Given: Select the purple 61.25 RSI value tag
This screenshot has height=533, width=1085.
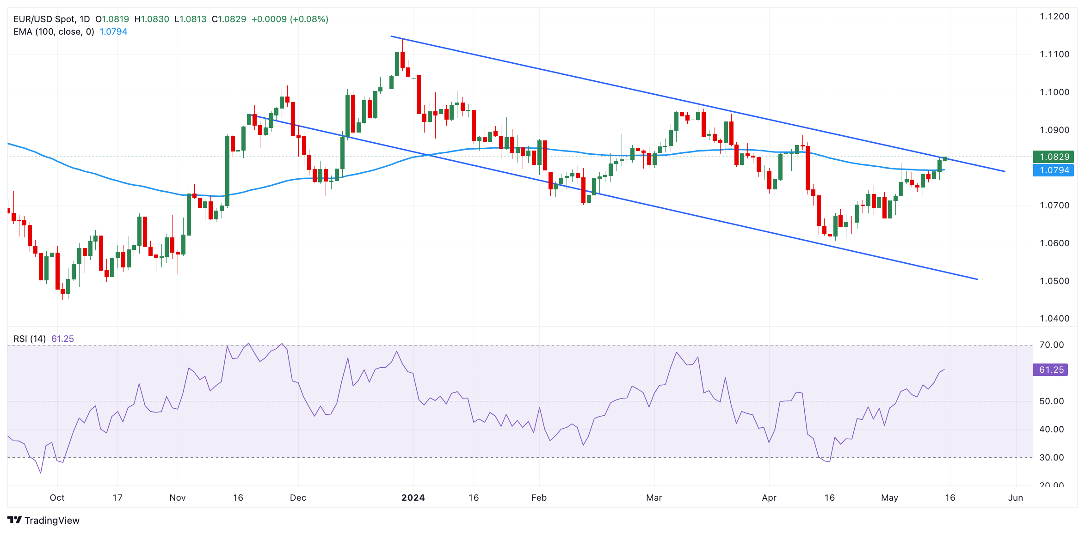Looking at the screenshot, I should click(x=1051, y=369).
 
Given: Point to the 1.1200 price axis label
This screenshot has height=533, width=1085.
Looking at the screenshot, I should click(x=1054, y=17).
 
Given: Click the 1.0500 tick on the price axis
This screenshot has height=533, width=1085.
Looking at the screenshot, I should click(x=1054, y=281).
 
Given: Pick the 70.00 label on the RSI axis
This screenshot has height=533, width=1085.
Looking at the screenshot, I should click(x=1051, y=345).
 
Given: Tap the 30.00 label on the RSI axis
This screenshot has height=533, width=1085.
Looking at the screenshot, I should click(x=1051, y=457).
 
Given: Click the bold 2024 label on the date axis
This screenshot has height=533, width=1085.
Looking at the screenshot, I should click(x=413, y=497).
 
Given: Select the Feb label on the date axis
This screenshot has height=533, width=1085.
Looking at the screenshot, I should click(x=539, y=497).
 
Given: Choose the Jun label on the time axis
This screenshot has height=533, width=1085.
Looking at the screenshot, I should click(x=1016, y=497).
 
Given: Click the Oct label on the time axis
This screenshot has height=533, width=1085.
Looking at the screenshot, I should click(x=57, y=497).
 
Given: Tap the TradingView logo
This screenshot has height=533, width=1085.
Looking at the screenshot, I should click(x=43, y=520).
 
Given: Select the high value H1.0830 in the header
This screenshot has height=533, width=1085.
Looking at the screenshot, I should click(x=151, y=19).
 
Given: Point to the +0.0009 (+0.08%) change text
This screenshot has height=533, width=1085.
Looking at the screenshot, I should click(x=290, y=19).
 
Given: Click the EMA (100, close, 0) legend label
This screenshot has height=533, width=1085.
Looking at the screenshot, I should click(x=54, y=31).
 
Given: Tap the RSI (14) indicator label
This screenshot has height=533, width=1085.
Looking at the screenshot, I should click(x=30, y=339).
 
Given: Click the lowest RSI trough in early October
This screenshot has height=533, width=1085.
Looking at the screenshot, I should click(x=41, y=472).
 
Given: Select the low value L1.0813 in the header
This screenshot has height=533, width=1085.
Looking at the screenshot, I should click(x=190, y=19).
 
